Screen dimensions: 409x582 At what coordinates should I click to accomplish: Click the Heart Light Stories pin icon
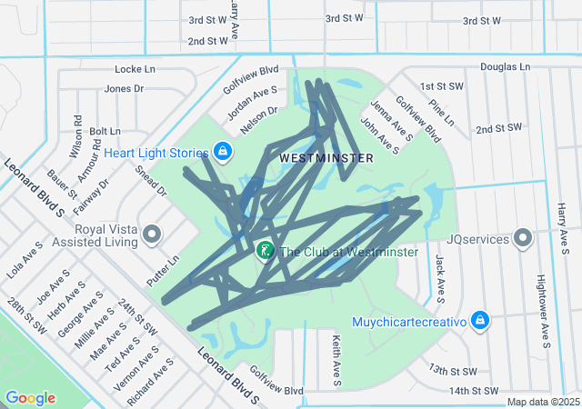pos(223,151)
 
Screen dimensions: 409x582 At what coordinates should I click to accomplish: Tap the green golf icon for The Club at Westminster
pos(265,250)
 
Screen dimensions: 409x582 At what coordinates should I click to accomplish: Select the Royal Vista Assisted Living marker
pos(152,236)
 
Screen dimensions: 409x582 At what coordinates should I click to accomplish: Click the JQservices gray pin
pos(523,239)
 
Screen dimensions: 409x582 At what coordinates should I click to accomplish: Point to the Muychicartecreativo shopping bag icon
pos(480,320)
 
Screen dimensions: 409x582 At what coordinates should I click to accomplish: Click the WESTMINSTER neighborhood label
pos(326,157)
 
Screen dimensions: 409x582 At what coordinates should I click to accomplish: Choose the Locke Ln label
pos(135,69)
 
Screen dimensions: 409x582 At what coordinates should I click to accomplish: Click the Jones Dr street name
pos(125,88)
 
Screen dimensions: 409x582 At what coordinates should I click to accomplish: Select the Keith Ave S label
pos(336,359)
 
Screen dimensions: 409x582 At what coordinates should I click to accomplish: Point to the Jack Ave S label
pos(439,277)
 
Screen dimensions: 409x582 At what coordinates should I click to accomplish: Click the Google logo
pos(30,397)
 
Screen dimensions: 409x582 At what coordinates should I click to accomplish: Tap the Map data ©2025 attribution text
pos(543,402)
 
